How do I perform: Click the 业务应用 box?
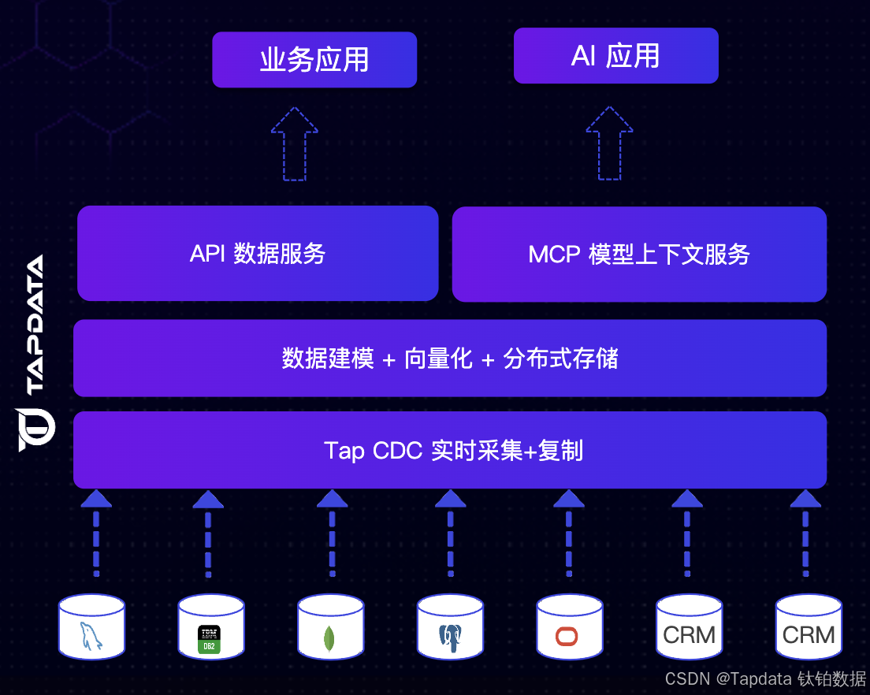point(314,60)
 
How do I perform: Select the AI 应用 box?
point(615,56)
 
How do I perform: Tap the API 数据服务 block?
point(258,254)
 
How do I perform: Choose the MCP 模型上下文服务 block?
point(639,255)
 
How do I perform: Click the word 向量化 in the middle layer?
point(438,359)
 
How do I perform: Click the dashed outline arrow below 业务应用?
point(295,144)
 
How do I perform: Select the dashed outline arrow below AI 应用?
point(609,143)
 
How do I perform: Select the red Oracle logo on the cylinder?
point(567,636)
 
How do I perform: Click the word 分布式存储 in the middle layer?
point(560,359)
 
